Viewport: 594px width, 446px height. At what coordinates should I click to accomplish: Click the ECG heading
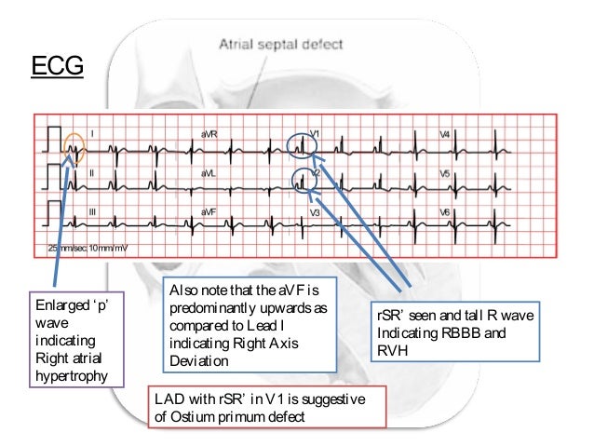58,67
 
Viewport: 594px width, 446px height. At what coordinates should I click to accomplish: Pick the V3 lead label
315,213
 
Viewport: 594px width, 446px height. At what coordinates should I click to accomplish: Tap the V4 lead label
445,134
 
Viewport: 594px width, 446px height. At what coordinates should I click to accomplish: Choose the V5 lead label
445,173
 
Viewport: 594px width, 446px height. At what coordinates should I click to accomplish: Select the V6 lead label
445,213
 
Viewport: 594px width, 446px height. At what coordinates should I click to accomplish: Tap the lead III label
91,212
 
